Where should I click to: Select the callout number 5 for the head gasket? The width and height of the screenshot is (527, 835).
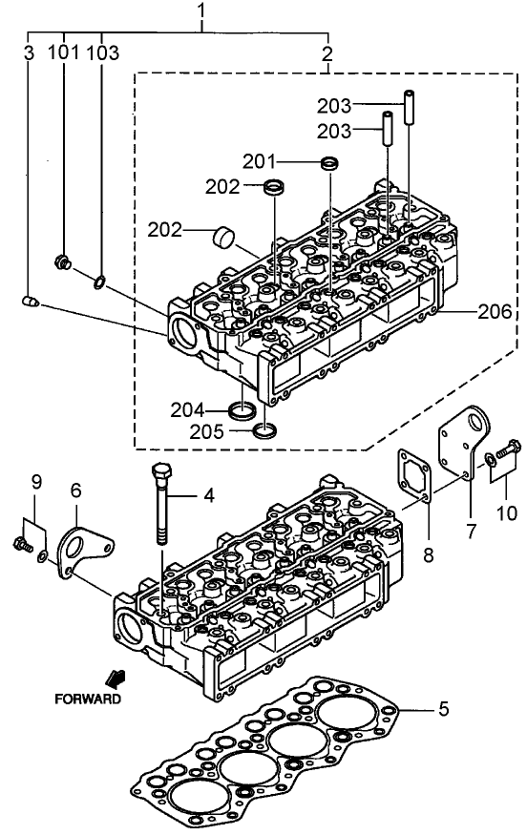click(x=443, y=710)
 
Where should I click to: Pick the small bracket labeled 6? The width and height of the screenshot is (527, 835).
click(x=83, y=552)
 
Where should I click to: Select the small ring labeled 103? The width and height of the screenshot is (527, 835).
click(x=99, y=281)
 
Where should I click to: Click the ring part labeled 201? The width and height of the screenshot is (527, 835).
click(x=329, y=165)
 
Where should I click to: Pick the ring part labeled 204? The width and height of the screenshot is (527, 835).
click(x=243, y=410)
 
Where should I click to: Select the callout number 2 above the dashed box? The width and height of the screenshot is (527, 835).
click(x=327, y=53)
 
